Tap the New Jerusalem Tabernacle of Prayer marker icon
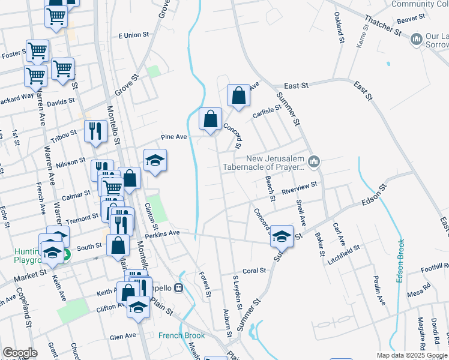315,161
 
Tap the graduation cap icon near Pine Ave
155,160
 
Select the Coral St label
254,271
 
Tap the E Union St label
133,35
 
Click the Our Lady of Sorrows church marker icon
416,40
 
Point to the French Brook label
181,335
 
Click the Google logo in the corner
20,353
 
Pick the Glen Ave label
122,337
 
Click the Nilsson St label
71,163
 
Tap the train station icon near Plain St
178,288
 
